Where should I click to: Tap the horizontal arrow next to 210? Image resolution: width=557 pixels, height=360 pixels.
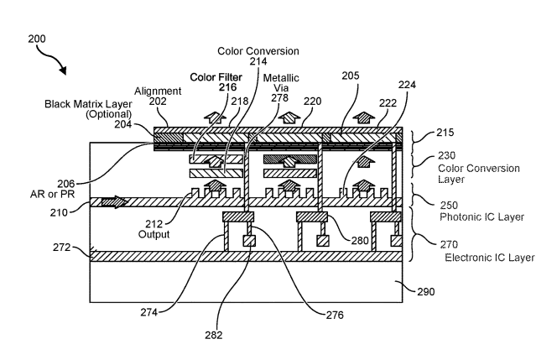(x=112, y=201)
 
